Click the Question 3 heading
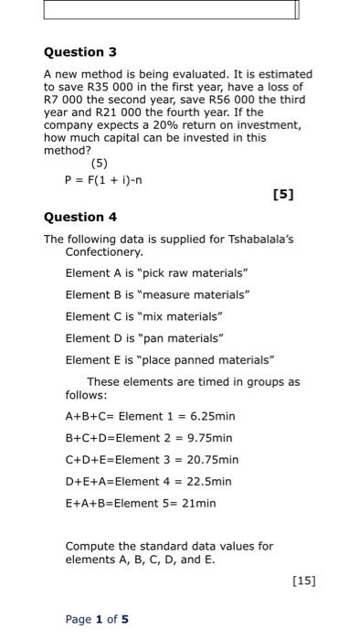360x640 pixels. pos(80,52)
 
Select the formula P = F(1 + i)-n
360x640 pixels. pos(102,179)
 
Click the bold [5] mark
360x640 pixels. pos(284,194)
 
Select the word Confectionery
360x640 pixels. pos(105,251)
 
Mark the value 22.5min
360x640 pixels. pos(210,482)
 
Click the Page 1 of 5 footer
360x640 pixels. pos(97,619)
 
